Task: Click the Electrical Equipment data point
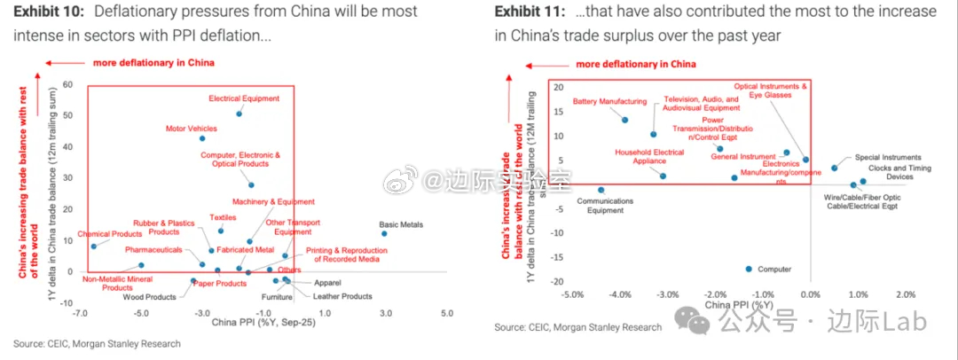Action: pos(239,113)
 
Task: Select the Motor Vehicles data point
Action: pos(202,138)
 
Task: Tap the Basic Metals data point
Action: pos(384,234)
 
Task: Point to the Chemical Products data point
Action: pos(93,247)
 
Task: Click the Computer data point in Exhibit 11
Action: pos(749,269)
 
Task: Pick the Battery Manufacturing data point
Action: pos(624,120)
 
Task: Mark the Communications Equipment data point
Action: pos(601,190)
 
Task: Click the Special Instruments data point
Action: pos(834,168)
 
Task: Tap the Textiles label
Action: pos(223,217)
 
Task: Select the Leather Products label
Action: pos(345,296)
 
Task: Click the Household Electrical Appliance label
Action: pos(650,157)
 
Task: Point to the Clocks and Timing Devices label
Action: pos(899,172)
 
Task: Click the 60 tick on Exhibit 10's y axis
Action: pos(67,86)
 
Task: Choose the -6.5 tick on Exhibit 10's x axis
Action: pos(80,314)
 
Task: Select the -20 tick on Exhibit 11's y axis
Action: pos(558,282)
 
